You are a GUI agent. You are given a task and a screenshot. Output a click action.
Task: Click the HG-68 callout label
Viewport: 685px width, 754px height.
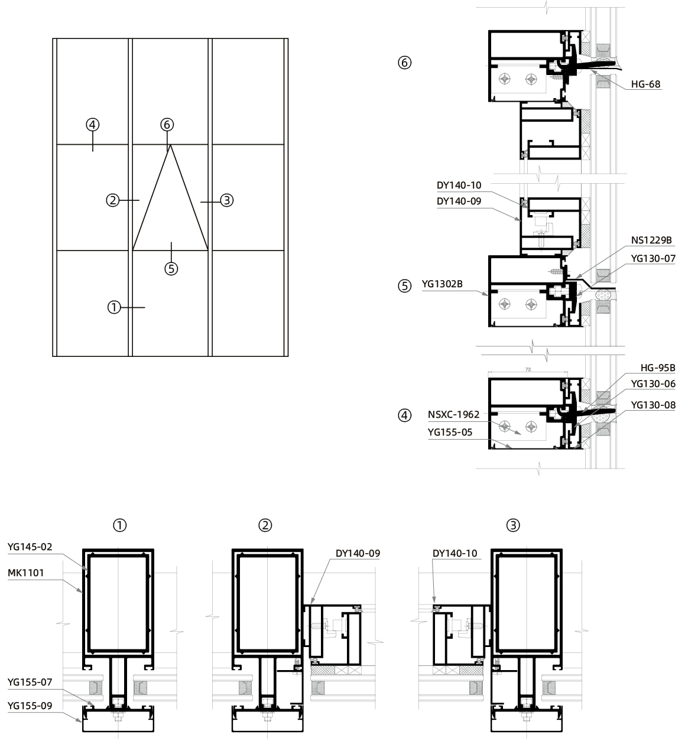(x=645, y=84)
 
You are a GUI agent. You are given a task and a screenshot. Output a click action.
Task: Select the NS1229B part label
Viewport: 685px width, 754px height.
(x=651, y=240)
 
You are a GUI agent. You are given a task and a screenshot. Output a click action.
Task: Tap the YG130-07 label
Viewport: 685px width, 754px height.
(x=652, y=259)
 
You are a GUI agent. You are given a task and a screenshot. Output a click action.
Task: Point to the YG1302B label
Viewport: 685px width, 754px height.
(x=441, y=284)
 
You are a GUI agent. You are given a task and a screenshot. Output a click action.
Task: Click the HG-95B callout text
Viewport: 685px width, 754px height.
(x=658, y=368)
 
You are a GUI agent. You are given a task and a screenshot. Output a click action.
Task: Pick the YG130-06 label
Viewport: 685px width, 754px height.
(x=652, y=383)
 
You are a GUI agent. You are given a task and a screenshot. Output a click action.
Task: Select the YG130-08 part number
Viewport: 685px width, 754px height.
(x=652, y=405)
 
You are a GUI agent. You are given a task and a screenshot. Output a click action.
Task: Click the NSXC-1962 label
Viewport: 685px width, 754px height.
(x=453, y=415)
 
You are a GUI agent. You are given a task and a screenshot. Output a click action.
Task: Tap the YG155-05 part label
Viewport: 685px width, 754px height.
(x=450, y=433)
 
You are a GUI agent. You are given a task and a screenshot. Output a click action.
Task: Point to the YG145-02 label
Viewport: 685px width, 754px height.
(x=30, y=547)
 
